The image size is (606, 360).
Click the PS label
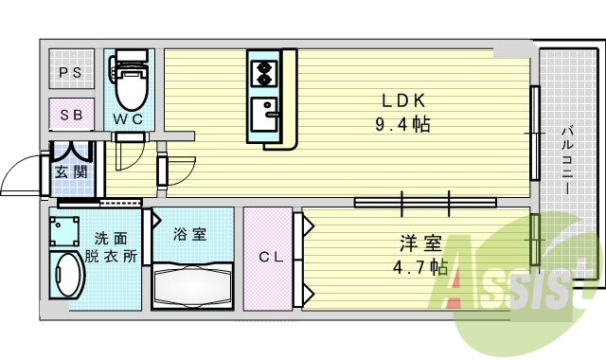click(71, 72)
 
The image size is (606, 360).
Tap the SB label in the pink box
click(71, 115)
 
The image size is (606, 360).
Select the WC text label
click(130, 119)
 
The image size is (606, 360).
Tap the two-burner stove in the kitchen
click(262, 70)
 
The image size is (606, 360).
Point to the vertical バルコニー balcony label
click(565, 161)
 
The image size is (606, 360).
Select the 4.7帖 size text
click(420, 267)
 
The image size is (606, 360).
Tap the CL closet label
click(270, 257)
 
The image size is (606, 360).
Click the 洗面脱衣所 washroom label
click(112, 247)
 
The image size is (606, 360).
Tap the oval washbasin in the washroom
click(66, 278)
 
